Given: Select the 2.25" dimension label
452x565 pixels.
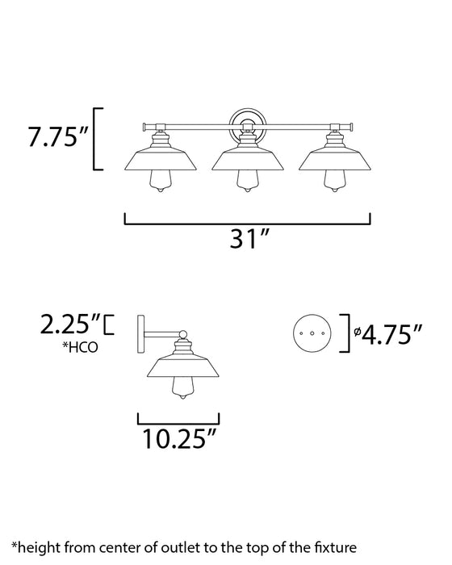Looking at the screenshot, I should tap(71, 325).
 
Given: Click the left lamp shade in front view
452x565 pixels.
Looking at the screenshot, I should tap(160, 159).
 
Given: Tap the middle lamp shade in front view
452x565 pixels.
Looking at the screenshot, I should tap(246, 159).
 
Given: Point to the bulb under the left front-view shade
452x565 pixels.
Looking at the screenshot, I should tap(160, 185).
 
